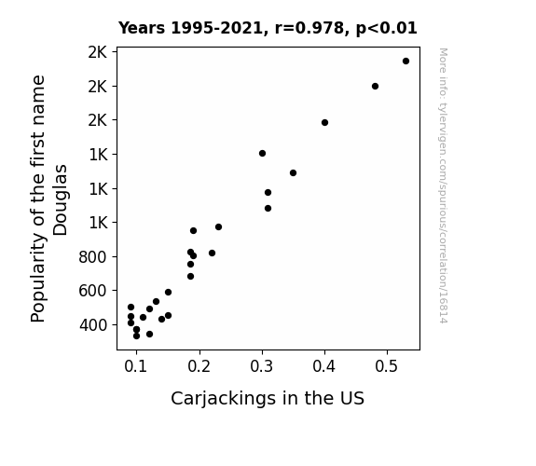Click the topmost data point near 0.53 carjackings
(405, 62)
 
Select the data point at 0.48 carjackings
(375, 86)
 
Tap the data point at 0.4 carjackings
(324, 122)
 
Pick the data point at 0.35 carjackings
(293, 173)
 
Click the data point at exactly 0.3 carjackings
(262, 153)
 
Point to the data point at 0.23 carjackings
(218, 227)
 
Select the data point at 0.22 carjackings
(212, 253)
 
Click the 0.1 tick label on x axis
(136, 366)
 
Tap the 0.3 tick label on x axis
(262, 366)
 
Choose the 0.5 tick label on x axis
(387, 366)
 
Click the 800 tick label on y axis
(92, 256)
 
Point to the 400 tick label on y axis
(92, 324)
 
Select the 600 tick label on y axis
(92, 291)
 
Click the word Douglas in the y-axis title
(61, 200)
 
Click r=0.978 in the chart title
(309, 28)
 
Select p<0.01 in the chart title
(386, 29)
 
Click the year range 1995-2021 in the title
(216, 28)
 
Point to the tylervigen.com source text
(443, 185)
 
